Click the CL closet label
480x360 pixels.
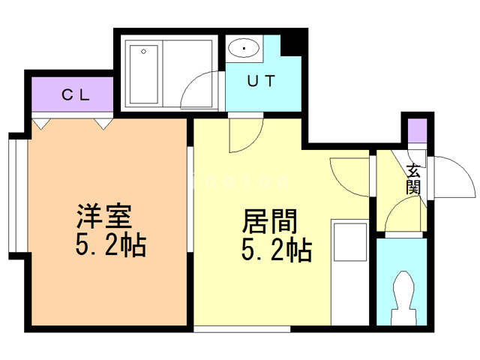click(x=75, y=94)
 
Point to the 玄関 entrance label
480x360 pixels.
click(x=413, y=179)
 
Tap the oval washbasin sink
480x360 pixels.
click(x=244, y=49)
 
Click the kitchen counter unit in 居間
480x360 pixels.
click(x=349, y=247)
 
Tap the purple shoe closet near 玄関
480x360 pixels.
click(x=416, y=130)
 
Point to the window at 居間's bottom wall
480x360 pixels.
click(x=241, y=328)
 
